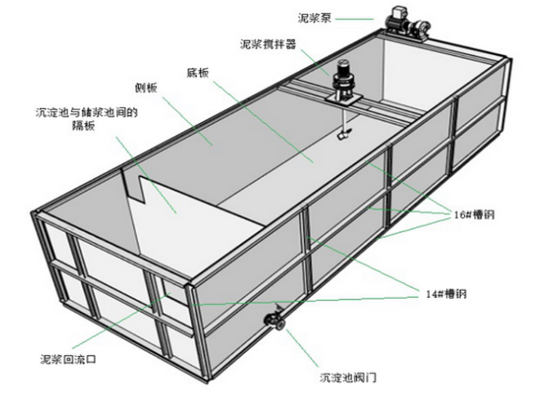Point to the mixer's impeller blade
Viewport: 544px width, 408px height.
[x=344, y=134]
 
